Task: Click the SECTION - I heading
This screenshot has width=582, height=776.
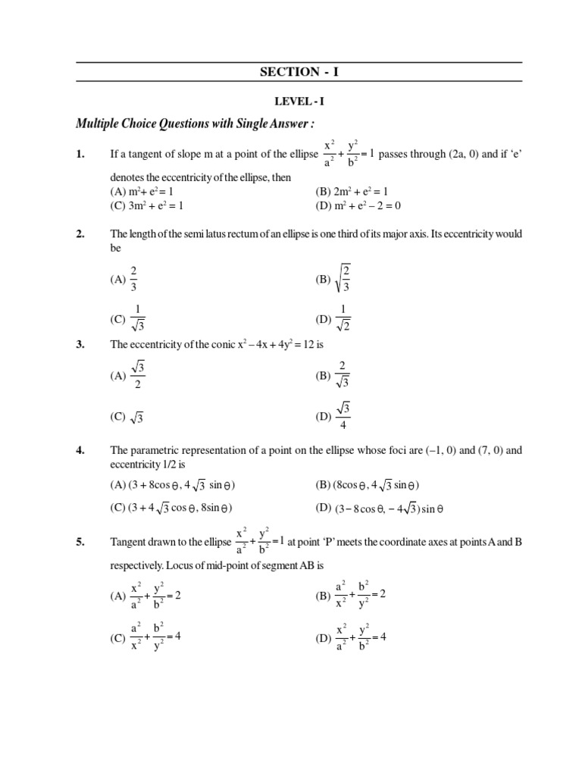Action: point(301,72)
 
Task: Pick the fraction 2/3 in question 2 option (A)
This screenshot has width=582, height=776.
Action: point(133,279)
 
